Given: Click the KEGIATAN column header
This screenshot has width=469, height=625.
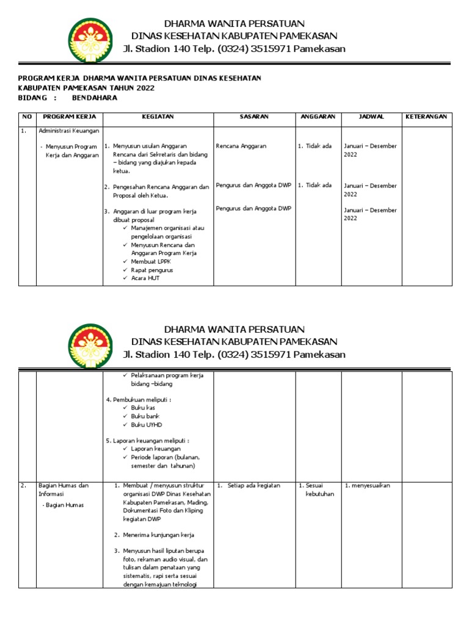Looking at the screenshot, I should (x=158, y=117).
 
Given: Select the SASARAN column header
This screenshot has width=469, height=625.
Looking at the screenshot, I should (x=254, y=117).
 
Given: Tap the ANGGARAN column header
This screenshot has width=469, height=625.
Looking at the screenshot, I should (x=318, y=117).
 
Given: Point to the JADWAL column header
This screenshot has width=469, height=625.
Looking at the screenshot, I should (x=371, y=117).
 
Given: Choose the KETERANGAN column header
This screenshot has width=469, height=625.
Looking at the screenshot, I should (x=426, y=117).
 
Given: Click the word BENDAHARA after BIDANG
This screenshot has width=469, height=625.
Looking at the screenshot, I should (x=94, y=98).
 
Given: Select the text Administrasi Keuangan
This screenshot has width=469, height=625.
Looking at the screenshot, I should (x=69, y=131).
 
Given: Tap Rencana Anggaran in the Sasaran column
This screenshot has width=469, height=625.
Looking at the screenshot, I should (x=241, y=146).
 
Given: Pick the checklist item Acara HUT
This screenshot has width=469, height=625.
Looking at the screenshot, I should (x=145, y=278).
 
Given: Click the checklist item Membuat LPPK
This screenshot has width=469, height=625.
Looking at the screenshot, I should (x=151, y=261).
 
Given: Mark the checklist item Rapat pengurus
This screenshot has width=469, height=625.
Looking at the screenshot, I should (x=152, y=270).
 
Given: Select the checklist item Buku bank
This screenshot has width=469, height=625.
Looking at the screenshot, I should (x=145, y=416).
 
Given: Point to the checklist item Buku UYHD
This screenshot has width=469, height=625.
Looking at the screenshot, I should (x=147, y=424).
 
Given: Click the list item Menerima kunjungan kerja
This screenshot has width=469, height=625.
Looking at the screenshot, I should (x=158, y=535).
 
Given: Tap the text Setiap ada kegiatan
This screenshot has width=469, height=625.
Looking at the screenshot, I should (x=253, y=486).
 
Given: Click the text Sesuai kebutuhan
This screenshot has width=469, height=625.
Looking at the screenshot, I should (x=319, y=490).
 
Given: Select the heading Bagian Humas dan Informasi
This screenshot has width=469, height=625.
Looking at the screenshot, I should (x=64, y=490).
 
